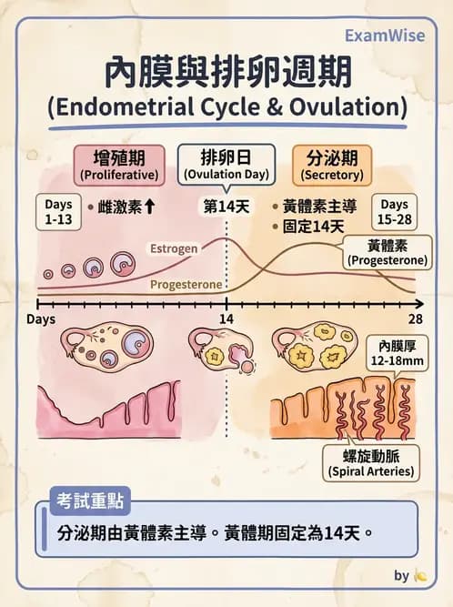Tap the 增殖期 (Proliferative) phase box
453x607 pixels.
tap(119, 163)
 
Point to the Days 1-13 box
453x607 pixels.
tap(58, 212)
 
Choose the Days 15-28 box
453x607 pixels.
tap(394, 212)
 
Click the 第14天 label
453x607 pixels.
tap(226, 207)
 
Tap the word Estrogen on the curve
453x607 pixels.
tap(175, 248)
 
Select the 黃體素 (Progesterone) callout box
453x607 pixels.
tap(387, 253)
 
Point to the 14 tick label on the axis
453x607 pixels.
tap(226, 319)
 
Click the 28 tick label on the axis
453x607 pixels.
tap(415, 319)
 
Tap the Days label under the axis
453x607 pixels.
tap(41, 319)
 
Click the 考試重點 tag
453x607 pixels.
tap(88, 499)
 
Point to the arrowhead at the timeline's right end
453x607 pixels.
tap(418, 303)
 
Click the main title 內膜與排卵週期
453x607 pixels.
tap(226, 70)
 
